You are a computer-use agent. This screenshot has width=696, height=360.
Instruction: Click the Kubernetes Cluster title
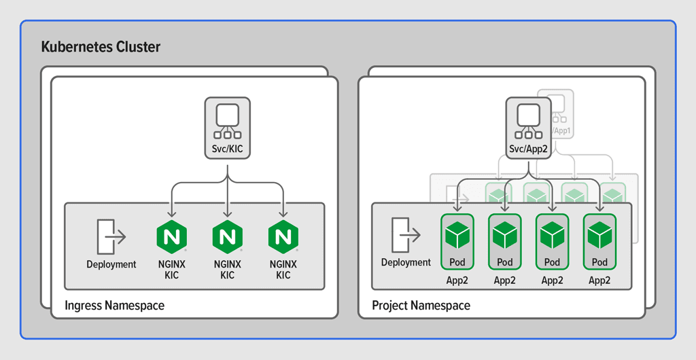(101, 47)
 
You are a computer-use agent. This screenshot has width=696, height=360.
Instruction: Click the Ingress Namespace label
(114, 306)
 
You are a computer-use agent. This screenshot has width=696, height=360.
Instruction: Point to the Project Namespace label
(421, 306)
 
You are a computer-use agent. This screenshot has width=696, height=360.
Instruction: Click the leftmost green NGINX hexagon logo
(171, 236)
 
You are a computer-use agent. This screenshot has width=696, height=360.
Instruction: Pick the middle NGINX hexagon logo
(228, 236)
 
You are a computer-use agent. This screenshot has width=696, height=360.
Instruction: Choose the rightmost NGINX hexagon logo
(283, 236)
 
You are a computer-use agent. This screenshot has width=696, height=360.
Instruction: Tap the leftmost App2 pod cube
(457, 235)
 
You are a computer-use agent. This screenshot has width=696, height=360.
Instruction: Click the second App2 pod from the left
(504, 235)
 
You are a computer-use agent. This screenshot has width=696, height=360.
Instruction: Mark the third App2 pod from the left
(552, 235)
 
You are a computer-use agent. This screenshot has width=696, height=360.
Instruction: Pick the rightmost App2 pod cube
(599, 235)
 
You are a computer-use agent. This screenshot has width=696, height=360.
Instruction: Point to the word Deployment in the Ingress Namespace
(111, 264)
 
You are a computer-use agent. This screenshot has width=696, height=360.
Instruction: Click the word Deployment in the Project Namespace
(406, 262)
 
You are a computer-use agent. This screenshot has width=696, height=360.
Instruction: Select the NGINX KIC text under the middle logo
(228, 270)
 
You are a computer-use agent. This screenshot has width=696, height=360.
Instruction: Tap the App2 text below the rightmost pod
(599, 280)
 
